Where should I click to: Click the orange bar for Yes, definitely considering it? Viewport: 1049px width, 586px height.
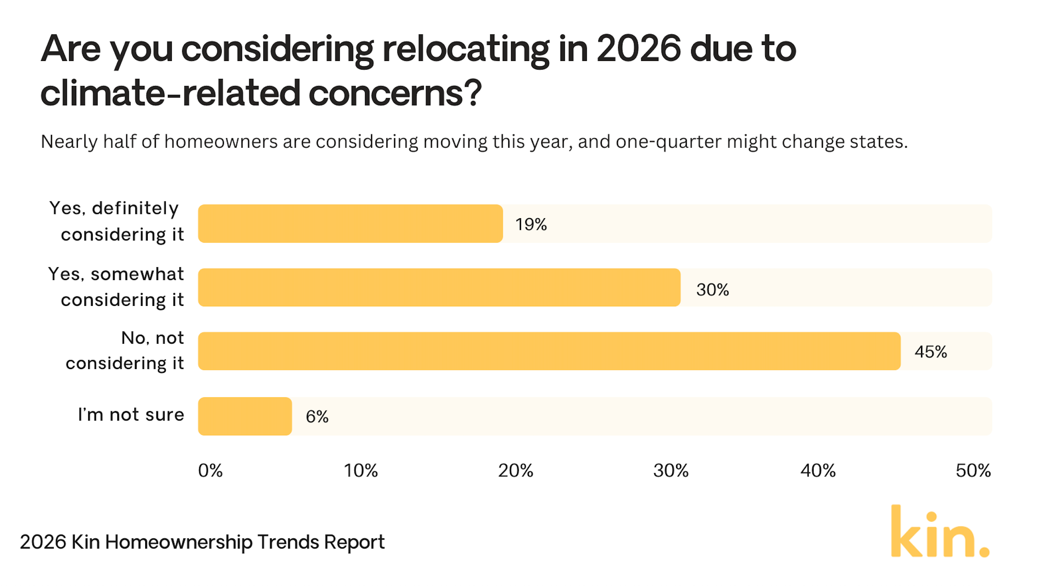pyautogui.click(x=350, y=223)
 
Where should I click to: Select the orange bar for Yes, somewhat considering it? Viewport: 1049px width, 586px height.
pyautogui.click(x=439, y=287)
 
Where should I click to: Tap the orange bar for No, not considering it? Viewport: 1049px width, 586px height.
pyautogui.click(x=549, y=351)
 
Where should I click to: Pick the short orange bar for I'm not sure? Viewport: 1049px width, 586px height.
pyautogui.click(x=245, y=416)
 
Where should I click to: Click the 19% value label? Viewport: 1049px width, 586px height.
pyautogui.click(x=531, y=224)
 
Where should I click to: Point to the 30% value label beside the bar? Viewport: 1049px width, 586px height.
pyautogui.click(x=712, y=290)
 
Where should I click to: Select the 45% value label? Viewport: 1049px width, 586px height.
pyautogui.click(x=930, y=352)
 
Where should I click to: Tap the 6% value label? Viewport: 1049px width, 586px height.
pyautogui.click(x=317, y=416)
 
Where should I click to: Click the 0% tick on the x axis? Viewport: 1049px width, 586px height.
pyautogui.click(x=210, y=470)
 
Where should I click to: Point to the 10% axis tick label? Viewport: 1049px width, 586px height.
pyautogui.click(x=360, y=470)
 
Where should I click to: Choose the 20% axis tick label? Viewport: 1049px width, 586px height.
pyautogui.click(x=515, y=470)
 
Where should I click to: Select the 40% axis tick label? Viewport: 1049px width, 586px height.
pyautogui.click(x=818, y=470)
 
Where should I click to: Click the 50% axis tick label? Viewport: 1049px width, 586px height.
pyautogui.click(x=973, y=470)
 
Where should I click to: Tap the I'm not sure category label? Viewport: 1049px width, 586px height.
pyautogui.click(x=131, y=415)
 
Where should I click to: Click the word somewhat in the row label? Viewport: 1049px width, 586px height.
pyautogui.click(x=137, y=274)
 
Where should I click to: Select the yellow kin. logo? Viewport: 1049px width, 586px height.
pyautogui.click(x=940, y=533)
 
